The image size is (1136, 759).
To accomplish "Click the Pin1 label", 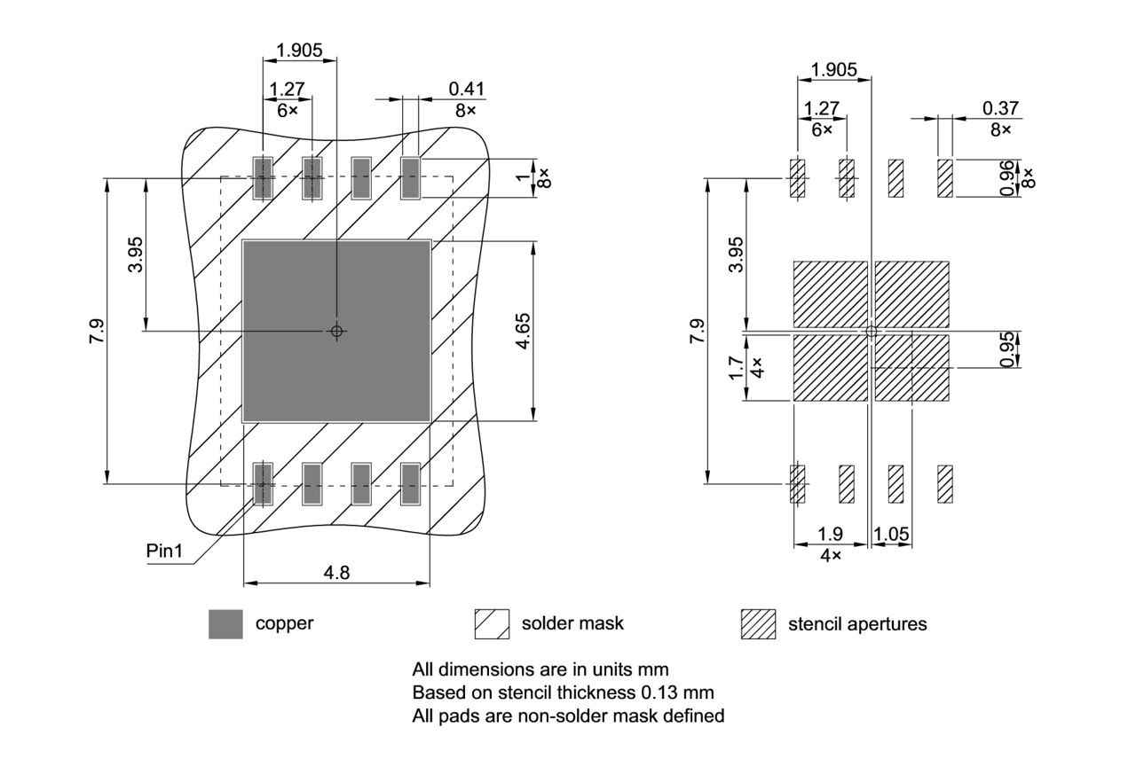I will (x=164, y=551).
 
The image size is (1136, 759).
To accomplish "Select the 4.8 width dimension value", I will (x=336, y=572).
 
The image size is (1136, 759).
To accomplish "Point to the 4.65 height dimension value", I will (x=524, y=331).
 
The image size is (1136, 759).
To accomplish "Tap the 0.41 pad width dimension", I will (x=467, y=89).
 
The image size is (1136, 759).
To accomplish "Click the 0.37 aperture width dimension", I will (x=1000, y=108).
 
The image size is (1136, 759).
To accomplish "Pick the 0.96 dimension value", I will (x=1007, y=178).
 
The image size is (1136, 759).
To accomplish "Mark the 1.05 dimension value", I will (x=892, y=534).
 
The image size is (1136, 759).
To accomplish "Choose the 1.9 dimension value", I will (x=830, y=534).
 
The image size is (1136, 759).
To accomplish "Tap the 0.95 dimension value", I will (x=1007, y=348).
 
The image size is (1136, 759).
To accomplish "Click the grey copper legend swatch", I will (x=225, y=623).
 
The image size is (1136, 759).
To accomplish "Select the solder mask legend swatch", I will (x=492, y=623).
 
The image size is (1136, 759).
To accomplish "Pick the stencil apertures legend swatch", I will (x=758, y=624).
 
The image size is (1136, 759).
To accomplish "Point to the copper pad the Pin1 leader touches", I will (x=262, y=483).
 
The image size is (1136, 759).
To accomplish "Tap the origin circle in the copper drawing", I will (x=335, y=331).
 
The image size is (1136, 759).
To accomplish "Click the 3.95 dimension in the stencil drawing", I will (x=735, y=255).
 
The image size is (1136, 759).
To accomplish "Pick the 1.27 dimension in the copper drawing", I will (x=287, y=89).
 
